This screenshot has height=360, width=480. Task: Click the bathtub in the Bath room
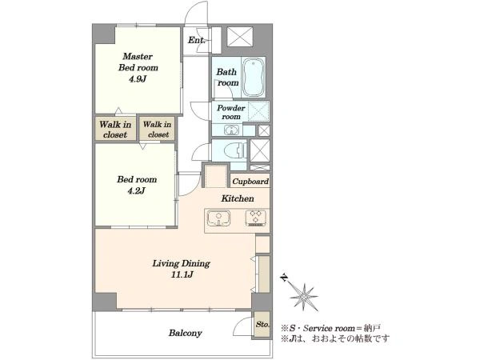click(x=253, y=77)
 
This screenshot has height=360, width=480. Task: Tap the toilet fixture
click(x=235, y=150)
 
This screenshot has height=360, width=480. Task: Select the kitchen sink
click(x=219, y=218)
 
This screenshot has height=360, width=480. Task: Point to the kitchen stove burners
click(x=256, y=218)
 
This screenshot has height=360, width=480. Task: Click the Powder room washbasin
click(x=231, y=130)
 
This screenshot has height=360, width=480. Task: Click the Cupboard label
click(x=250, y=182)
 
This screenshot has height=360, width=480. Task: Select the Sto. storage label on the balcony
click(x=262, y=324)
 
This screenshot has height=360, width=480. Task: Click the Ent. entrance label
click(x=196, y=40)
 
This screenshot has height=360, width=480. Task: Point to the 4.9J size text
click(x=138, y=79)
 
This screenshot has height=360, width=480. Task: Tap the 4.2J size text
click(x=136, y=191)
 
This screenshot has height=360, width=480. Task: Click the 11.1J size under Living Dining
click(x=182, y=274)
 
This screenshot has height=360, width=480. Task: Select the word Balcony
click(x=186, y=333)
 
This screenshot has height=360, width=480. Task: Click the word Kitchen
click(x=238, y=198)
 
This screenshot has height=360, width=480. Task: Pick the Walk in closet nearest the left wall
click(x=115, y=129)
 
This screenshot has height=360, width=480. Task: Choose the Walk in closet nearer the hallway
click(x=157, y=129)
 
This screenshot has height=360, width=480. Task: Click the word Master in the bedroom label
click(x=138, y=56)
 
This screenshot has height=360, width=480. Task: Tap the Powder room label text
click(x=231, y=112)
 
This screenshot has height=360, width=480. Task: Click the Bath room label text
click(x=227, y=77)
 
